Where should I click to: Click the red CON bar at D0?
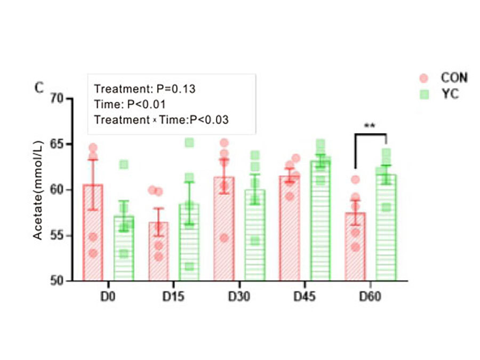point(93,235)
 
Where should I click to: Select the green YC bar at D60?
point(386,229)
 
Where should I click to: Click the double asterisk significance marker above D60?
point(370,126)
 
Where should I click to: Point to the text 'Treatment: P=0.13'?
point(145,89)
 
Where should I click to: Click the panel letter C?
point(39,88)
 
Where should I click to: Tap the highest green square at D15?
point(189,142)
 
